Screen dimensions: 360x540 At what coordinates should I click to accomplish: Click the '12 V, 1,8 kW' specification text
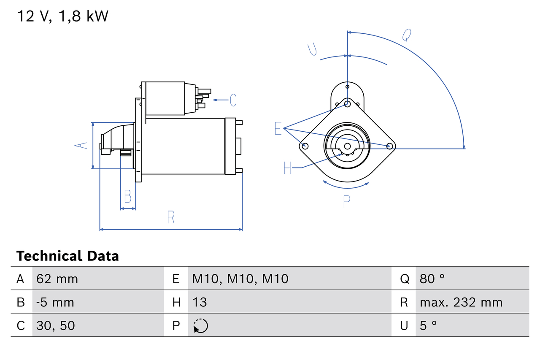(62, 16)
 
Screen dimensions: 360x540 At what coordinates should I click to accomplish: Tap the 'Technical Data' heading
(67, 256)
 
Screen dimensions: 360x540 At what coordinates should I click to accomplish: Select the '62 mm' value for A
(57, 279)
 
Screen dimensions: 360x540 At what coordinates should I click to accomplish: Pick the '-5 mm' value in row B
(55, 302)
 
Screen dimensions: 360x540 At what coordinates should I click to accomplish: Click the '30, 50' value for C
(56, 325)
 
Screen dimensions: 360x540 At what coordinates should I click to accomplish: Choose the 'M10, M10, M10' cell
(240, 279)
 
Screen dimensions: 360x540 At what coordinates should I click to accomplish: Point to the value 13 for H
(200, 302)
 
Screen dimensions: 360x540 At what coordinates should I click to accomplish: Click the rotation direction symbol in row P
(200, 326)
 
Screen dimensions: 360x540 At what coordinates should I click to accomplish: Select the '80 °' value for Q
(432, 279)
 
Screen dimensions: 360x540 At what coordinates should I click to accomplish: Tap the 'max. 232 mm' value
(461, 302)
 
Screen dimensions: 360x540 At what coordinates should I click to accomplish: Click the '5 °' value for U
(428, 325)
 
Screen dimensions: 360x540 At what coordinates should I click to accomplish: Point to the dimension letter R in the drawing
(171, 217)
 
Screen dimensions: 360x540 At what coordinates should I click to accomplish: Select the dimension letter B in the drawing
(127, 197)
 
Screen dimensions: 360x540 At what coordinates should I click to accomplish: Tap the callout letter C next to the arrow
(233, 100)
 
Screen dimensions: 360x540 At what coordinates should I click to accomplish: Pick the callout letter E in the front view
(278, 128)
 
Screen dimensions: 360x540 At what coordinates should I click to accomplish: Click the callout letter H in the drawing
(287, 168)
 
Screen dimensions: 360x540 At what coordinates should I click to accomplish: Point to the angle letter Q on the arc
(406, 35)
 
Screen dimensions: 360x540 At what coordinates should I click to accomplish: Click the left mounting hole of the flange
(305, 146)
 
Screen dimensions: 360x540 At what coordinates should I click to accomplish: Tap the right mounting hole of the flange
(390, 146)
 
